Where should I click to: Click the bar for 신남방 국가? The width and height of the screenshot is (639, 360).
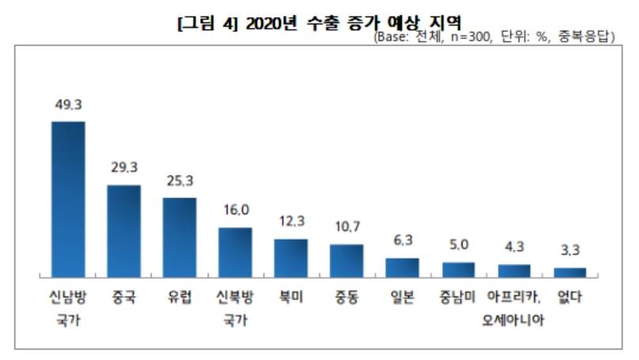(68, 199)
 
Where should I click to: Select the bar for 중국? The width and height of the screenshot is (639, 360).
(123, 231)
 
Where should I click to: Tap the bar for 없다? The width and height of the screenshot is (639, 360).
(569, 272)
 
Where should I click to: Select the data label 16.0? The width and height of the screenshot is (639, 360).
(235, 210)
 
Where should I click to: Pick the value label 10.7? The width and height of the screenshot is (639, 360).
(346, 228)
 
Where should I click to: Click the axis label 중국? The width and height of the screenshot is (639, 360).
(123, 299)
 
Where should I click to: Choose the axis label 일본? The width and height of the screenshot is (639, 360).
(402, 299)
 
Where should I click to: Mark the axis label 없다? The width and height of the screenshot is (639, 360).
(569, 299)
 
